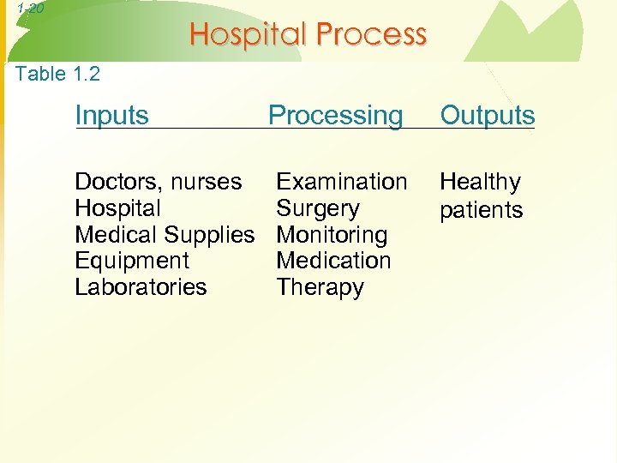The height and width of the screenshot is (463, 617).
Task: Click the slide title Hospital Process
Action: click(308, 34)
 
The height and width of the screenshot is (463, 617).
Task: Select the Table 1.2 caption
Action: click(57, 74)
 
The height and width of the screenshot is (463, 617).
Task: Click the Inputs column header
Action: click(111, 115)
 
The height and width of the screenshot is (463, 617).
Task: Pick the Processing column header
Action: click(335, 116)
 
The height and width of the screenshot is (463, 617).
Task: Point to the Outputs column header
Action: click(487, 116)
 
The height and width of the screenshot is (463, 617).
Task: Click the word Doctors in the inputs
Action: click(113, 183)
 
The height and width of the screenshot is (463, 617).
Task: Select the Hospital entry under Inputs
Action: click(117, 208)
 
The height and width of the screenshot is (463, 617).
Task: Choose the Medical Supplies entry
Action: click(165, 235)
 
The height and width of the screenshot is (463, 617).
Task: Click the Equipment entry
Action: click(132, 261)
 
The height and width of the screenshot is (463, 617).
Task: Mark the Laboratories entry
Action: click(141, 286)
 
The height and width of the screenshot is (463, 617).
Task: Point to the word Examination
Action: click(341, 182)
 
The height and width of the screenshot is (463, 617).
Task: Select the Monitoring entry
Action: click(332, 235)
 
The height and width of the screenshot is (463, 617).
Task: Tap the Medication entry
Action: click(333, 261)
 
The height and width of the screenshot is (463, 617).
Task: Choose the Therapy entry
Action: click(320, 287)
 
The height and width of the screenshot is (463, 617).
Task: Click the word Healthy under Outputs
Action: click(480, 183)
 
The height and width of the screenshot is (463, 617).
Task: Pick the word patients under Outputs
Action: click(481, 210)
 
